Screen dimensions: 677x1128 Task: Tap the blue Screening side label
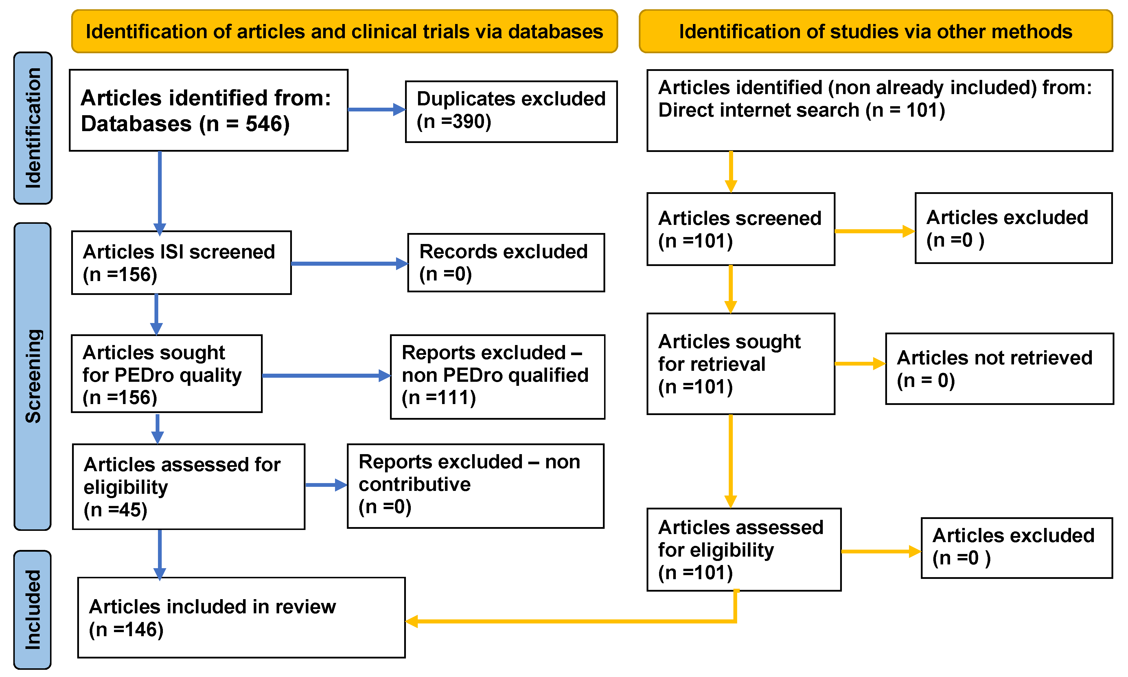[33, 376]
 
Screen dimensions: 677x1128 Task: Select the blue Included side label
[33, 610]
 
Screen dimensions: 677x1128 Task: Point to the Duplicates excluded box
[511, 111]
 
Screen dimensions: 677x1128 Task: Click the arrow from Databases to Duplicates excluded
[376, 109]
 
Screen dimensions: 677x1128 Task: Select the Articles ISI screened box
[181, 263]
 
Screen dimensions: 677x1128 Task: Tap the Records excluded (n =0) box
[506, 263]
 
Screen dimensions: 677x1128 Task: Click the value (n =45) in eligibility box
[115, 510]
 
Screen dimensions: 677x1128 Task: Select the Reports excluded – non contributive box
[475, 486]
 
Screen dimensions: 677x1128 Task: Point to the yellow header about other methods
[875, 32]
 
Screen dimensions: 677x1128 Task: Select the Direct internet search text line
[801, 110]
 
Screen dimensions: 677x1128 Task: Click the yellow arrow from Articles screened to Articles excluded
[874, 231]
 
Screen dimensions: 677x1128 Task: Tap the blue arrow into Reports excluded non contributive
[325, 485]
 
